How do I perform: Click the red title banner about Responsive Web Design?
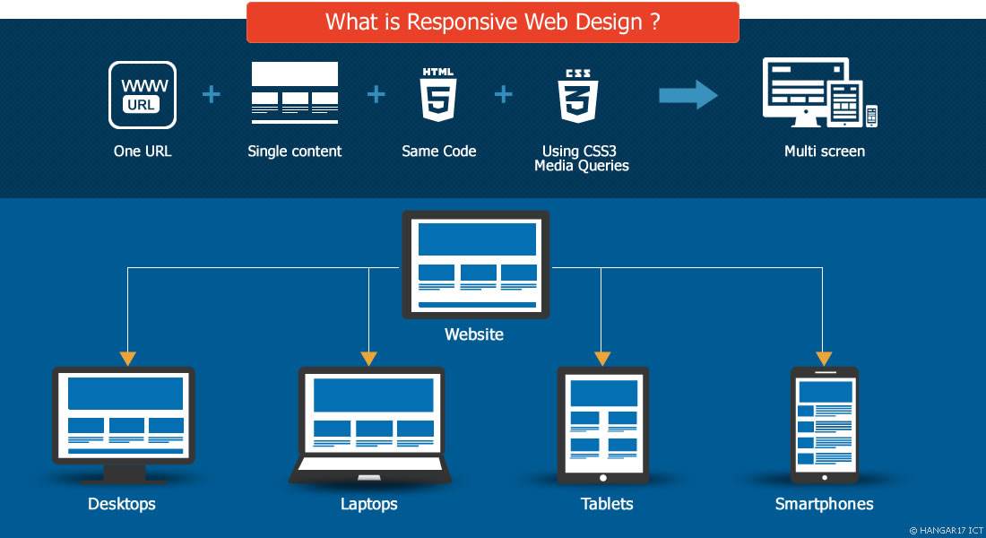493,22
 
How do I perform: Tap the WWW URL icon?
142,95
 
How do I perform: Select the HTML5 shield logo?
438,95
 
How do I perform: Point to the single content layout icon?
295,92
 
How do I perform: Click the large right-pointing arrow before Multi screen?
688,95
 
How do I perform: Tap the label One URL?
142,152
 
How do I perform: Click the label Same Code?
438,152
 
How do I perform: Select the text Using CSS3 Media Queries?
582,159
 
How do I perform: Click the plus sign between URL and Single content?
212,94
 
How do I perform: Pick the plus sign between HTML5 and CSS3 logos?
505,94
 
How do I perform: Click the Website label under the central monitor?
474,335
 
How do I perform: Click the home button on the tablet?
602,478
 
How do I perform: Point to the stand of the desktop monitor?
124,473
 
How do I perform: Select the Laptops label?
368,504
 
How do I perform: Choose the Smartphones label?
824,504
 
